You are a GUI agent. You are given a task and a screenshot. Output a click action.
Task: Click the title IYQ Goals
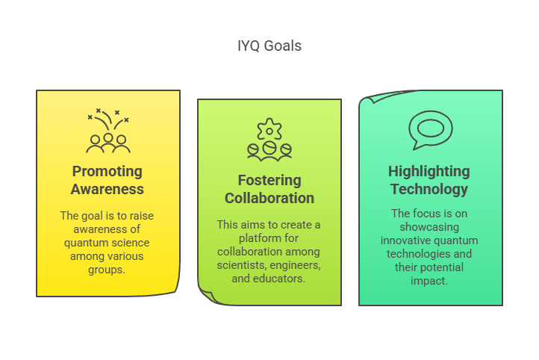click(269, 46)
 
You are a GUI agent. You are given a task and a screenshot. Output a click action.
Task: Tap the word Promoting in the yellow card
click(108, 172)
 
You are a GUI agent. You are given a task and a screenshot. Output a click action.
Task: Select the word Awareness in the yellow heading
click(108, 189)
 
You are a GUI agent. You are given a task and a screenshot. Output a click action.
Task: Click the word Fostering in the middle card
click(269, 181)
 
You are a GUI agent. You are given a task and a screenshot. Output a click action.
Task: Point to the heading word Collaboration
click(269, 198)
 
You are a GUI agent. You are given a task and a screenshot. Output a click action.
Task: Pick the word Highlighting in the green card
click(429, 172)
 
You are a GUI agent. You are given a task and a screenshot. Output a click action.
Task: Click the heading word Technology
click(429, 190)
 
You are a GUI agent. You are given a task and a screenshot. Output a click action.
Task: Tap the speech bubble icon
click(430, 130)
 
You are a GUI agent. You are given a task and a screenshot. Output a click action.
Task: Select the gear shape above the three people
click(269, 129)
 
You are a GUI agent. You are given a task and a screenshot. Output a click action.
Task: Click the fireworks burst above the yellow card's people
click(108, 120)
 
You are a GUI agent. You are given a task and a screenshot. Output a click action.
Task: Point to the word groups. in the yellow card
click(107, 270)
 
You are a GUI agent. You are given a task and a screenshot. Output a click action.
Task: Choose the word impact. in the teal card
click(429, 281)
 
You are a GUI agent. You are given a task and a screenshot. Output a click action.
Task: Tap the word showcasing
click(429, 227)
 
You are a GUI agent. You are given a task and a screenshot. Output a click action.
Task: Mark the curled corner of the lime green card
click(208, 296)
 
